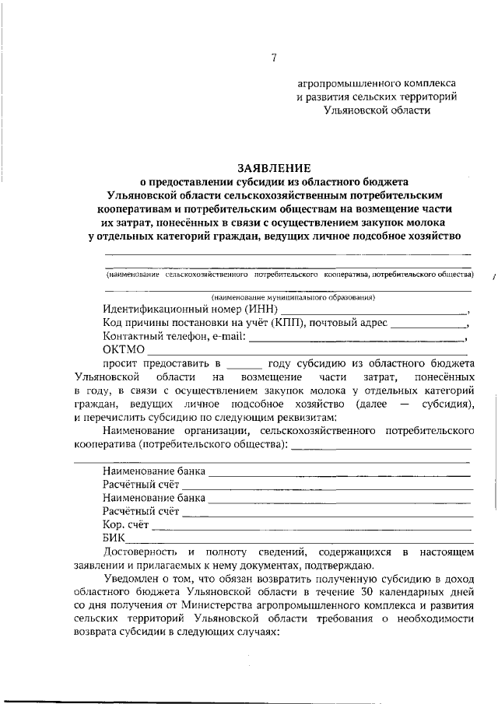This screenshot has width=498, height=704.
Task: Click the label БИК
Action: pyautogui.click(x=114, y=538)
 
